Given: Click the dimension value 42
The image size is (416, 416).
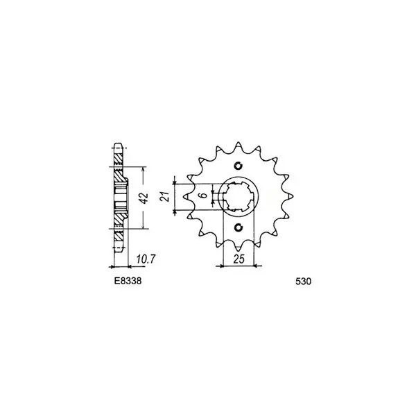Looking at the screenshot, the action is (x=145, y=198).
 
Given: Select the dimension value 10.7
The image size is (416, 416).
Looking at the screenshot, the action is (x=146, y=259).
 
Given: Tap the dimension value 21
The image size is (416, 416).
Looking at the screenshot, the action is (x=166, y=197).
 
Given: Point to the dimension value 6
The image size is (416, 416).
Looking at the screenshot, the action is (x=203, y=196).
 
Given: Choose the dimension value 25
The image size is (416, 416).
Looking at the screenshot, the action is (x=239, y=259).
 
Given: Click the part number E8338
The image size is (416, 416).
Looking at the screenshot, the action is (x=128, y=281).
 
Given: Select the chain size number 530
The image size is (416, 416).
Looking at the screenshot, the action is (x=303, y=281).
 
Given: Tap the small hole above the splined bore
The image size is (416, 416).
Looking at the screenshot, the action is (x=239, y=166).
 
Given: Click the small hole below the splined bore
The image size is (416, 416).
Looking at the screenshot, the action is (x=239, y=227).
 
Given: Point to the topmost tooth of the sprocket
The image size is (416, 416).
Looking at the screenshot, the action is (x=239, y=145).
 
